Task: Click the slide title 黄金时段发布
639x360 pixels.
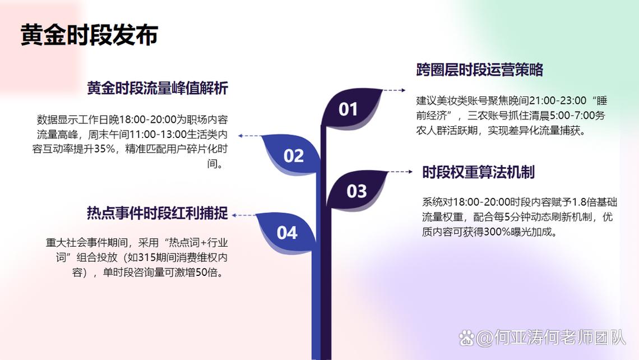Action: pos(90,35)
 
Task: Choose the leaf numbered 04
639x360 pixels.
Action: pos(286,232)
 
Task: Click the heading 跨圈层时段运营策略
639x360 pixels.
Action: pos(480,70)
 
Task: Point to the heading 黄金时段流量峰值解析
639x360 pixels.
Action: pos(158,89)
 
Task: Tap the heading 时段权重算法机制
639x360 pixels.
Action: pos(478,172)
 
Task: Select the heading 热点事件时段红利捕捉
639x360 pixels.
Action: pos(158,213)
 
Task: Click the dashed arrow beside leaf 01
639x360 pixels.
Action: pos(394,90)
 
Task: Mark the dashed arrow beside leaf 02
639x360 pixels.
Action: pos(249,136)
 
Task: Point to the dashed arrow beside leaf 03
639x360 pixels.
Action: pos(401,172)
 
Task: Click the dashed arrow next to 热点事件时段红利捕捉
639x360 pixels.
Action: pos(243,215)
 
